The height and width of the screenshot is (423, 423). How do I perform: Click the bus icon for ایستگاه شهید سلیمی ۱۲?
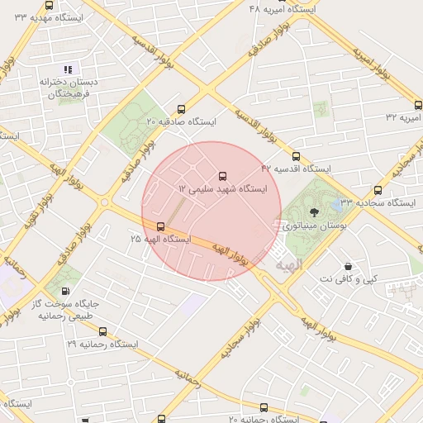pos(222,176)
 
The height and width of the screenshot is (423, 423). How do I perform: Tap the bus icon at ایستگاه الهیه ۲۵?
pos(160,226)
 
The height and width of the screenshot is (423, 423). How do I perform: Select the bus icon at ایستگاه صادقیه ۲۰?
pos(182,108)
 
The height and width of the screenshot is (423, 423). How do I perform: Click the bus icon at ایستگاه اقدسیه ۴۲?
pos(296,155)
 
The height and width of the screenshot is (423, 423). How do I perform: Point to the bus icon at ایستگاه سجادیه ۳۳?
pos(378,190)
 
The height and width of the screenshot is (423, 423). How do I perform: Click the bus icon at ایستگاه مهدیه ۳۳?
pos(50,6)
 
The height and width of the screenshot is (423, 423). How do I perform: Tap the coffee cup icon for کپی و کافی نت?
pos(348,267)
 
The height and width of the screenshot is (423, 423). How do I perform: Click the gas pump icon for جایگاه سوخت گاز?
pos(64,291)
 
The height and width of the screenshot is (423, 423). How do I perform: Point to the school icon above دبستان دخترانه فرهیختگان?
pos(68,69)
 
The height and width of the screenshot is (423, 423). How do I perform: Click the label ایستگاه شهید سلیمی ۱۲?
pos(223,189)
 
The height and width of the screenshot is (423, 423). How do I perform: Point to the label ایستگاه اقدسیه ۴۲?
pos(296,169)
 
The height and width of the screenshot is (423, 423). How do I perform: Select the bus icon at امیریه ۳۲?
pos(418,105)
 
